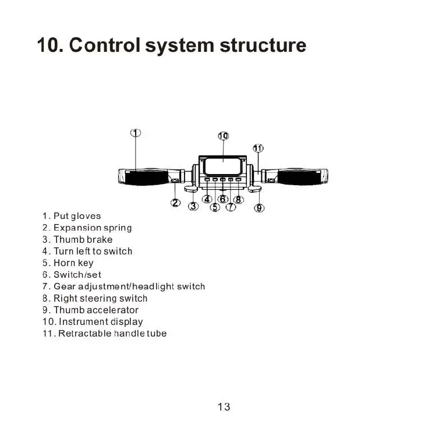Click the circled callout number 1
coord(135,133)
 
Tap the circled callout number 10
coord(224,136)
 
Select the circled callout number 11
coord(258,148)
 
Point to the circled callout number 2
coord(175,203)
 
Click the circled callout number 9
coord(260,207)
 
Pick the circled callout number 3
coord(193,206)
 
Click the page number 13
coord(224,407)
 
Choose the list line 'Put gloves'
coord(72,216)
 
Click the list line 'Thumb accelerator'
coord(90,310)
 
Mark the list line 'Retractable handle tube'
coord(104,333)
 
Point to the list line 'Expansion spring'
coord(87,228)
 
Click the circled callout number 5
coord(215,207)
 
